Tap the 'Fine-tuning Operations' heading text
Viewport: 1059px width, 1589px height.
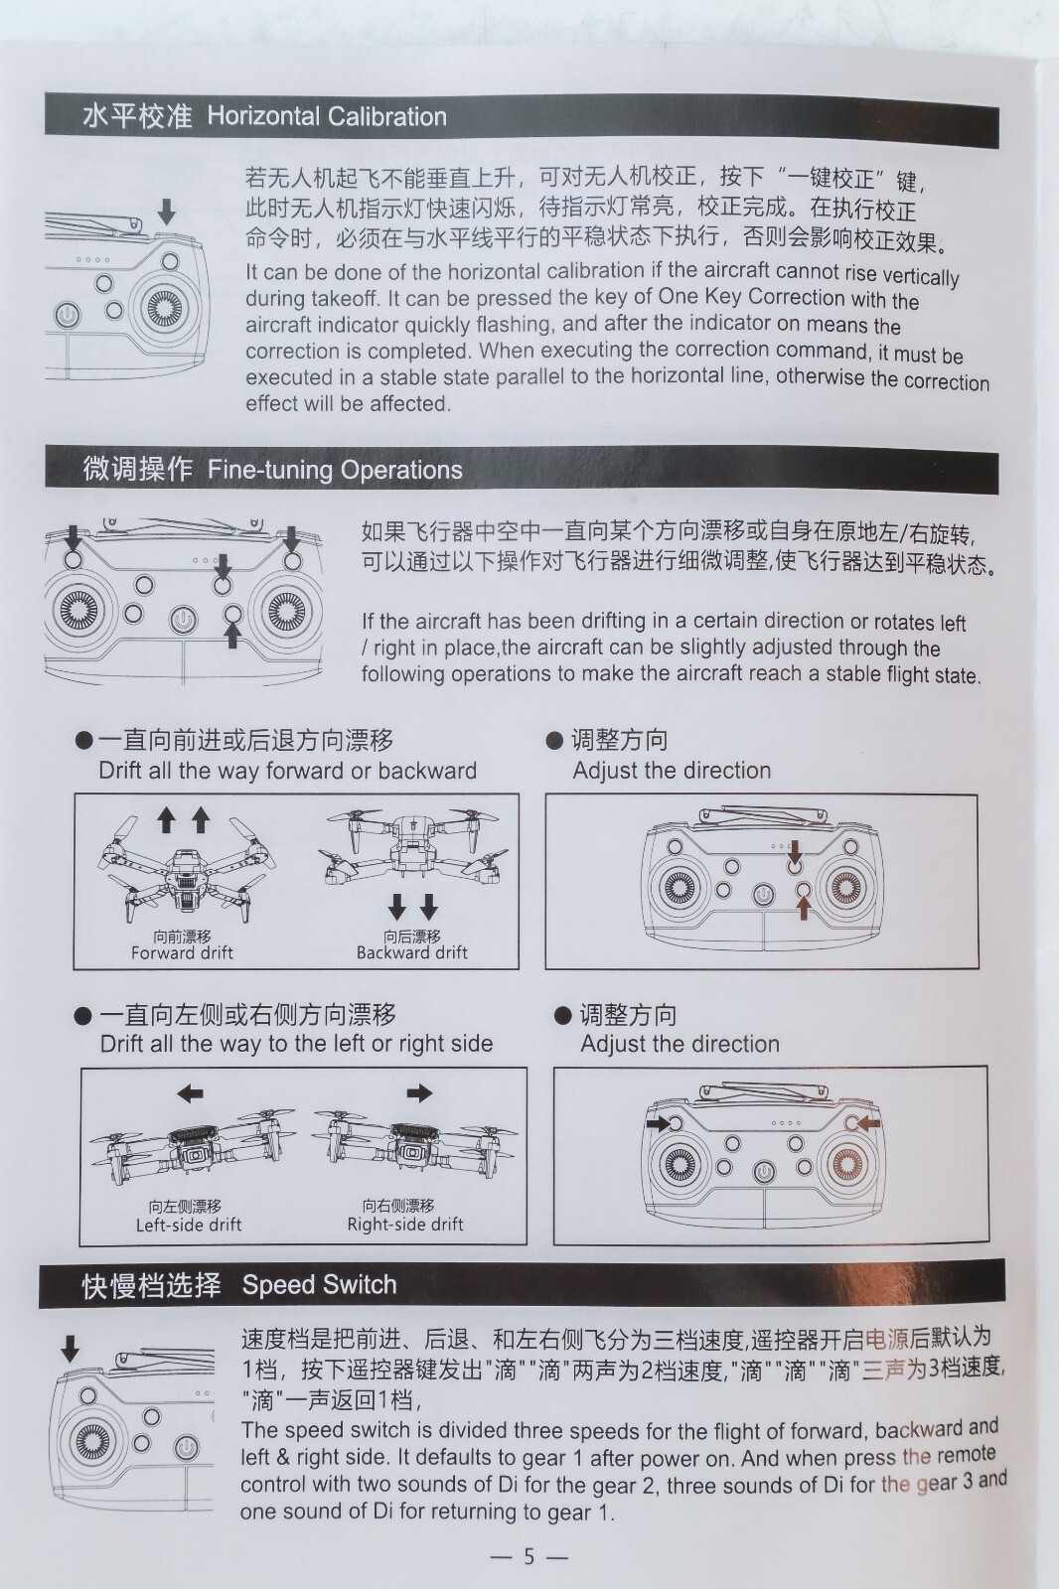[335, 470]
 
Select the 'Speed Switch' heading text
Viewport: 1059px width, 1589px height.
[320, 1285]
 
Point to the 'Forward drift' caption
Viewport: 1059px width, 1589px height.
[182, 952]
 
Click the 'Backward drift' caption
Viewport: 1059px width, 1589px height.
[411, 952]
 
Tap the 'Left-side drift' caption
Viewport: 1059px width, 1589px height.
[189, 1225]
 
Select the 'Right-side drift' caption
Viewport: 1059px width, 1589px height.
[405, 1224]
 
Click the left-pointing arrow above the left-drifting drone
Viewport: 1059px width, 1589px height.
[190, 1093]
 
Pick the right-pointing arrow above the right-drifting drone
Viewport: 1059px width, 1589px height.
[419, 1093]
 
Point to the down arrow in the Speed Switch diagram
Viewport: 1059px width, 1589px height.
[70, 1349]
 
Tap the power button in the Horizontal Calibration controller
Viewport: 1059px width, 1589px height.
[67, 314]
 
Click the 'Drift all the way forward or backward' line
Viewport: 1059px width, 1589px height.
[287, 771]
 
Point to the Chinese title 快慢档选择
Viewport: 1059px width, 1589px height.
[151, 1285]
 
